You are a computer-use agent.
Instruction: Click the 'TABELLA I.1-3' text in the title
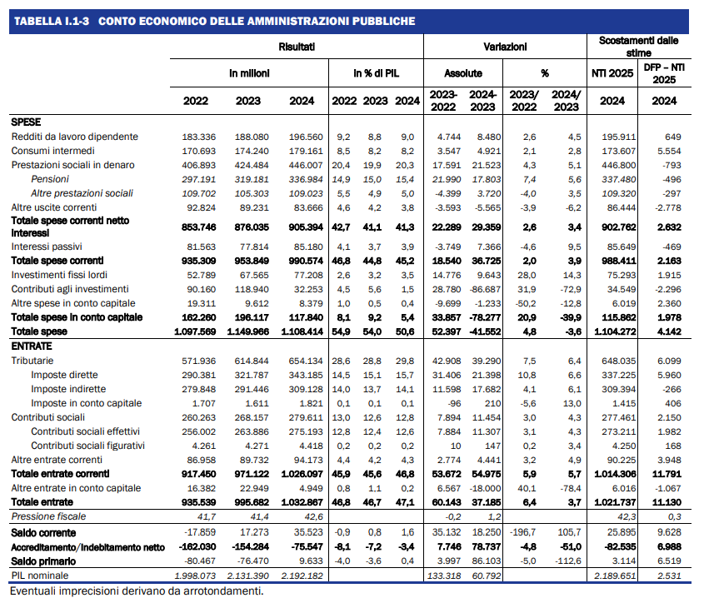[52, 22]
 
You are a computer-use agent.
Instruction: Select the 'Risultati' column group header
[297, 47]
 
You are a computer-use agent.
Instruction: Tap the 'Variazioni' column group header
[505, 47]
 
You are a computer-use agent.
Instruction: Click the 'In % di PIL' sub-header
[377, 73]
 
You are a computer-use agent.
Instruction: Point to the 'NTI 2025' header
[612, 73]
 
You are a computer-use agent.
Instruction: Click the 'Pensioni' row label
[50, 179]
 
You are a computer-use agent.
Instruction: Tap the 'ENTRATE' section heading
[32, 346]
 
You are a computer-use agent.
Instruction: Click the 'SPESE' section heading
[26, 122]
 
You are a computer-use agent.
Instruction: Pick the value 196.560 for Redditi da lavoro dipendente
[306, 137]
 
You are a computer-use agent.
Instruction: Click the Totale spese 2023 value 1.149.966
[247, 331]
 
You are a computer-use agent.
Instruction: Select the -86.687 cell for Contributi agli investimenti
[486, 289]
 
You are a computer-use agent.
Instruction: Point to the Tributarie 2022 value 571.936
[199, 361]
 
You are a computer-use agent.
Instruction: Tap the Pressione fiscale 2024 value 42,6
[314, 516]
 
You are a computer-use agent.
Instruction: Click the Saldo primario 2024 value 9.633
[311, 561]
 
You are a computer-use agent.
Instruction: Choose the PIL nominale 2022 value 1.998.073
[195, 576]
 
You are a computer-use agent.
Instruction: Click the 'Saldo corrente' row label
[43, 533]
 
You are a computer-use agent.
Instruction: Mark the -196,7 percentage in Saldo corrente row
[523, 532]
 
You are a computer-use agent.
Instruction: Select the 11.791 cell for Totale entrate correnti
[669, 474]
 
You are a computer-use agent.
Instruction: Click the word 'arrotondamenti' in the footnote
[222, 591]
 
